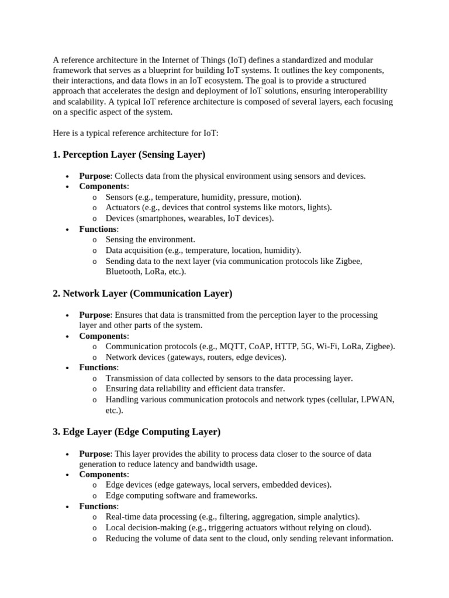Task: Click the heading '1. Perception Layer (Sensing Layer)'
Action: pos(129,155)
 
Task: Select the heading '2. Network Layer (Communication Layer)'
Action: pos(142,293)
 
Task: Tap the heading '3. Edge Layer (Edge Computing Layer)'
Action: pos(136,432)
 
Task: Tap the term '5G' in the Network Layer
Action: pos(307,346)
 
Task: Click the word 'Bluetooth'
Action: pos(124,272)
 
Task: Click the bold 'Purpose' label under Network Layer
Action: pos(94,315)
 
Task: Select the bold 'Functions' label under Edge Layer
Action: pos(98,506)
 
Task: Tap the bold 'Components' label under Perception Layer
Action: pos(103,186)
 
